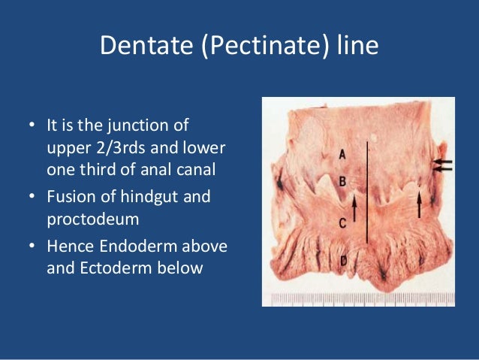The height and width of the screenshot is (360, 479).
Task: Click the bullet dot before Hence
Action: click(33, 246)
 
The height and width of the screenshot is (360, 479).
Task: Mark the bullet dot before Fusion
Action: click(33, 197)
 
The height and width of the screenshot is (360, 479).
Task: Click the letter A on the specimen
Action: click(342, 154)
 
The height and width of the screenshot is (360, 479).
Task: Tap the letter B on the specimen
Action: click(342, 181)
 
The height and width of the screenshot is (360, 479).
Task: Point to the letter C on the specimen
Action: click(342, 222)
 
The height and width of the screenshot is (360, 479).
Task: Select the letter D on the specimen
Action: click(342, 262)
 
